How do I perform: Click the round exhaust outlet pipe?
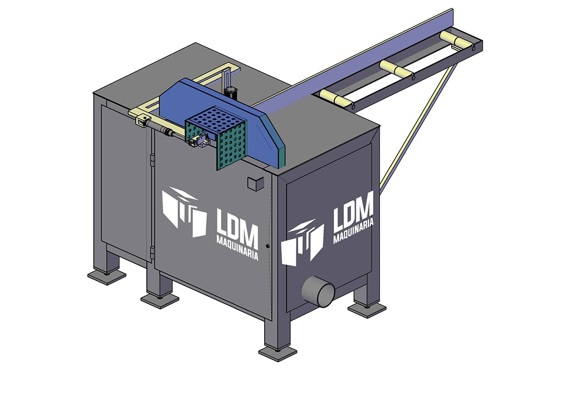(x=318, y=291)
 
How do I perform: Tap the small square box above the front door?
(x=256, y=183)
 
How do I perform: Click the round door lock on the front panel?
(x=267, y=246)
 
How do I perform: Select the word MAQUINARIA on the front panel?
(x=237, y=248)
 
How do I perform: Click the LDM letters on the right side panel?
(x=353, y=212)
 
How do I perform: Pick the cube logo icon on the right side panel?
(x=302, y=242)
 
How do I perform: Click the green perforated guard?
(x=217, y=138)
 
